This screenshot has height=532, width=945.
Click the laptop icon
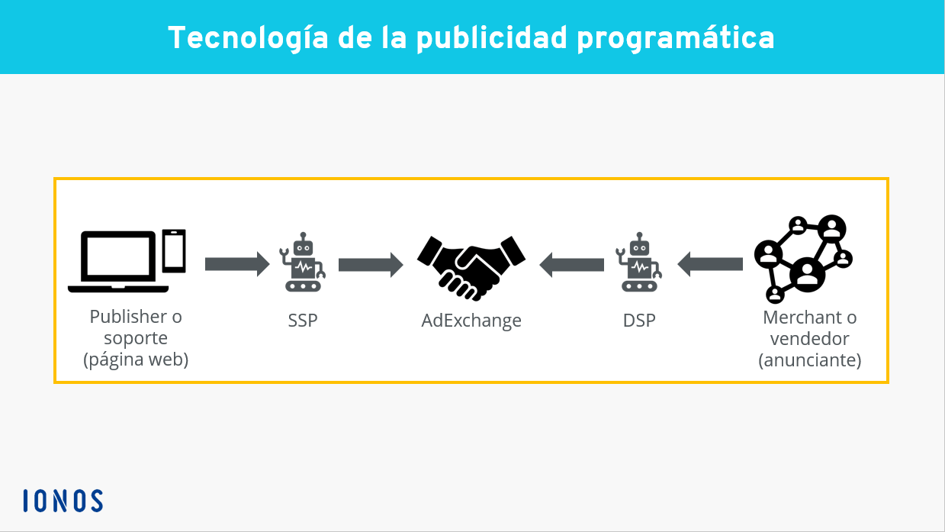click(x=118, y=262)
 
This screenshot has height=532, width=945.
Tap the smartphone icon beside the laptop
click(x=175, y=250)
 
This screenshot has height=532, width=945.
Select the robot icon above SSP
click(x=303, y=263)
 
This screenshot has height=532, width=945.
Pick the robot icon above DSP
click(x=638, y=263)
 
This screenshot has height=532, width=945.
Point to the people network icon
click(x=803, y=259)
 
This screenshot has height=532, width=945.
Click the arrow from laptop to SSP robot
click(x=237, y=264)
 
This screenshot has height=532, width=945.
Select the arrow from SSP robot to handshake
click(x=371, y=264)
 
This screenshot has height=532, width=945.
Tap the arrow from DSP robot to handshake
click(x=572, y=264)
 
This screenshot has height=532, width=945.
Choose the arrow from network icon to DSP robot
click(x=710, y=264)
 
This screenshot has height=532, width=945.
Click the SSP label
click(x=303, y=321)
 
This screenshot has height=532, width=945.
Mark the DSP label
click(x=639, y=321)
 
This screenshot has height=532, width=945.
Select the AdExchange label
click(x=471, y=321)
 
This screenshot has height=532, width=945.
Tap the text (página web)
click(x=136, y=360)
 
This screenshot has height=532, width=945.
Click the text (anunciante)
click(x=810, y=360)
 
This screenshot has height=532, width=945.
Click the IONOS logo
click(x=63, y=501)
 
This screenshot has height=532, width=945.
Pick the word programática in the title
click(x=676, y=37)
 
